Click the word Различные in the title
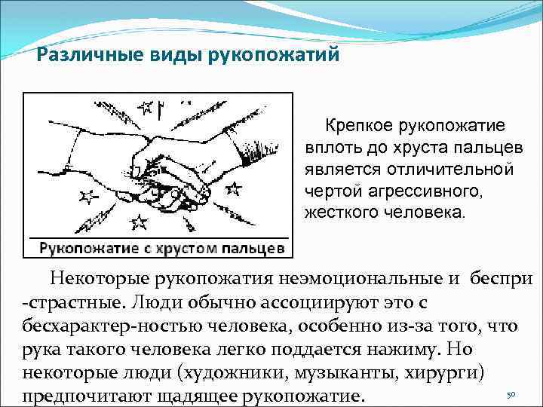tap(90, 56)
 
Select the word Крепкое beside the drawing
tap(360, 125)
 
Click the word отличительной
tap(449, 170)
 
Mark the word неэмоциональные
tap(361, 280)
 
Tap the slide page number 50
tap(511, 394)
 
